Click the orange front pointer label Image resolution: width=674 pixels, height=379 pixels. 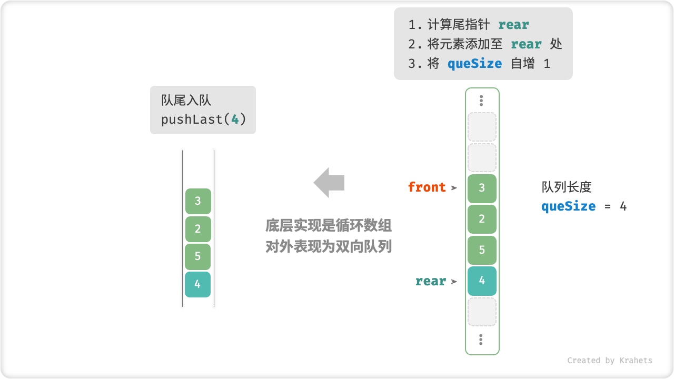[427, 187]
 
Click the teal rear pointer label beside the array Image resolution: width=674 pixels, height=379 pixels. [431, 281]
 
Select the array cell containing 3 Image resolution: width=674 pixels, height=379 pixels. [482, 188]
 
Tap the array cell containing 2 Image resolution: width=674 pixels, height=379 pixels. [482, 219]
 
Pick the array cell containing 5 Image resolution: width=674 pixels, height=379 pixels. [482, 250]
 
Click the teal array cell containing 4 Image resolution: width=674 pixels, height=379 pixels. [482, 281]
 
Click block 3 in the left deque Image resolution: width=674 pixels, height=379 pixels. [198, 201]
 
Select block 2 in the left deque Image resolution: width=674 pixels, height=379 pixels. [198, 229]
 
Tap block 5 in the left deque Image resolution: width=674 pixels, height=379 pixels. [198, 256]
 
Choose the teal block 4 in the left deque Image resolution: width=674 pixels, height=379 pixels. [198, 284]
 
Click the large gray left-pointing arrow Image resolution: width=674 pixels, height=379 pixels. [329, 183]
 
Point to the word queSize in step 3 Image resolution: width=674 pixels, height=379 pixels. [474, 64]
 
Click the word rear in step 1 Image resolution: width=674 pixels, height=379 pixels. [513, 25]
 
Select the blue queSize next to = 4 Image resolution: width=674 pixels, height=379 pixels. [568, 206]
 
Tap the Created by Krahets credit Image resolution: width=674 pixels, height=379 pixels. [609, 361]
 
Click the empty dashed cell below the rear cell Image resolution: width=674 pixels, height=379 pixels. [482, 312]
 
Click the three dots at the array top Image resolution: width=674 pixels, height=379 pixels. [481, 101]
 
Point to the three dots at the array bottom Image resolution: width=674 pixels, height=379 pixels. [481, 340]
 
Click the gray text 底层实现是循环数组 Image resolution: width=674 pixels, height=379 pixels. [329, 226]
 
